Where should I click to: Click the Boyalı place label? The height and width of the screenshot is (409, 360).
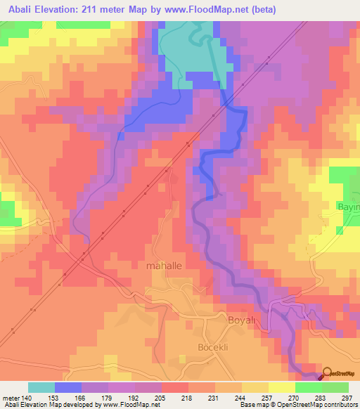[x=245, y=321]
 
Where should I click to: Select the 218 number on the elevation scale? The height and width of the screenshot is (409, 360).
[x=188, y=396]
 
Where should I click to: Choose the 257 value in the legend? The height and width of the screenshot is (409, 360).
[x=268, y=396]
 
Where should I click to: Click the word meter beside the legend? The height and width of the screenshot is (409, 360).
[x=10, y=396]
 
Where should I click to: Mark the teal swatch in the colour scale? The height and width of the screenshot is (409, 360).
[x=41, y=387]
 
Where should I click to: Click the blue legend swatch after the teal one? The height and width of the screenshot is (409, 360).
[x=68, y=387]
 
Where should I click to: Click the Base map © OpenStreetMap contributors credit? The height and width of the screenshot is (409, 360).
[x=298, y=405]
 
